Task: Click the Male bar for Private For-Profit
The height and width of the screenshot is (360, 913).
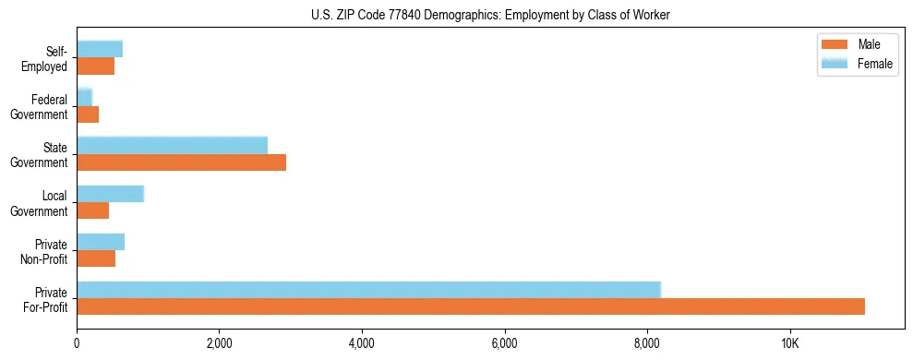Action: point(471,306)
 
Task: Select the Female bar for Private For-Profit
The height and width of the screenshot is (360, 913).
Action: point(368,289)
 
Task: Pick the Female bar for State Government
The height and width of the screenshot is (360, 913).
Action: point(172,145)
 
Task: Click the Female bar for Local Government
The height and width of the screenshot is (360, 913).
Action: point(110,193)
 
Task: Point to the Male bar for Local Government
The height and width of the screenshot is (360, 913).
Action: point(92,210)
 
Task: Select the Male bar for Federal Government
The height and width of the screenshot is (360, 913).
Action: point(88,114)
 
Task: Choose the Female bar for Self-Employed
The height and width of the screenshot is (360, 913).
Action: point(100,49)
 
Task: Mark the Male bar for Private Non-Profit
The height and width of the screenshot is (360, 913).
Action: point(96,258)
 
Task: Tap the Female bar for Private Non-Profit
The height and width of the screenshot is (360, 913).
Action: point(101,241)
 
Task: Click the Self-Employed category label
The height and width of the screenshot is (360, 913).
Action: point(45,59)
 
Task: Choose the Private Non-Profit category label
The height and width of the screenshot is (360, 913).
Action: point(45,252)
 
